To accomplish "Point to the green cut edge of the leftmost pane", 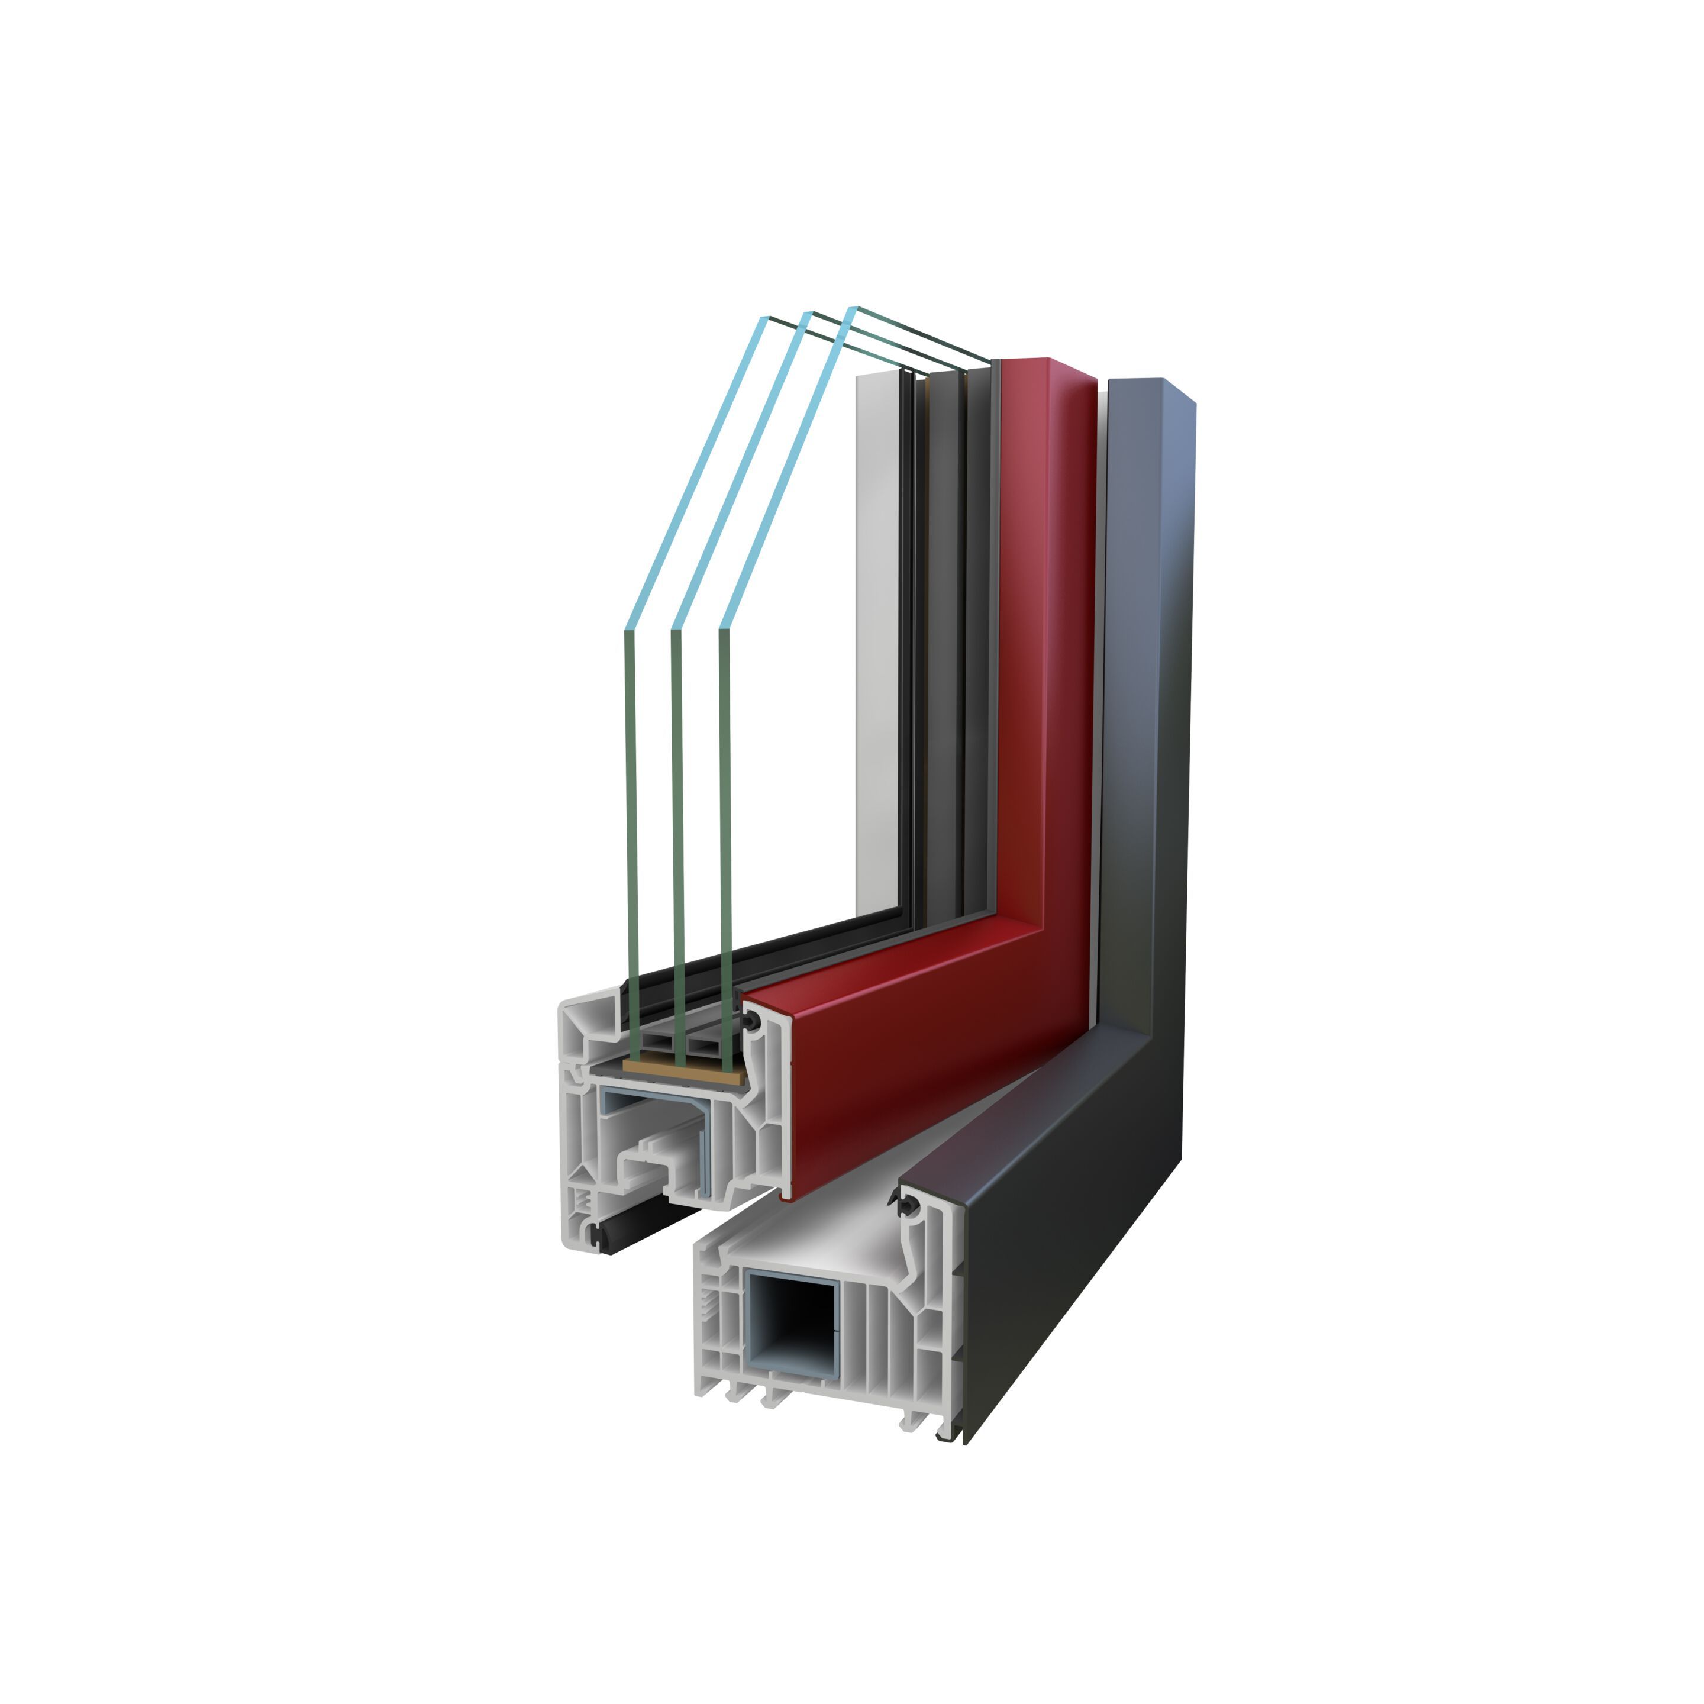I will pyautogui.click(x=631, y=820).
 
